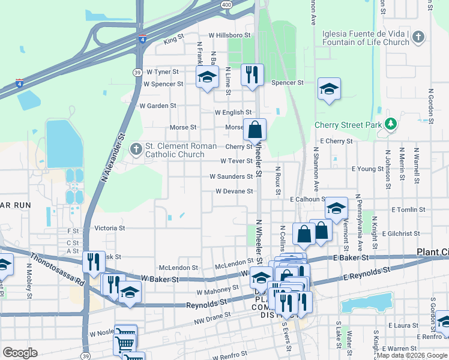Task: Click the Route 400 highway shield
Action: pyautogui.click(x=226, y=4)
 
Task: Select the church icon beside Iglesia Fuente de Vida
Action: pyautogui.click(x=419, y=38)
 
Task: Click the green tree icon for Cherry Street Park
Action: pyautogui.click(x=391, y=125)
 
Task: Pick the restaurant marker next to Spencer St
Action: pyautogui.click(x=252, y=75)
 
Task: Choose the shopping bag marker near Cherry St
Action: pyautogui.click(x=255, y=129)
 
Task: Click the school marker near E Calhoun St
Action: pyautogui.click(x=337, y=208)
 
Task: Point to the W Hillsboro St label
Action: pyautogui.click(x=229, y=36)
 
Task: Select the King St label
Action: pyautogui.click(x=173, y=38)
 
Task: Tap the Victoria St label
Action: pyautogui.click(x=109, y=228)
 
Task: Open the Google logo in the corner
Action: pyautogui.click(x=20, y=353)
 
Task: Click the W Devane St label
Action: pyautogui.click(x=234, y=191)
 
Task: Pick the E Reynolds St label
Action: pyautogui.click(x=367, y=275)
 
